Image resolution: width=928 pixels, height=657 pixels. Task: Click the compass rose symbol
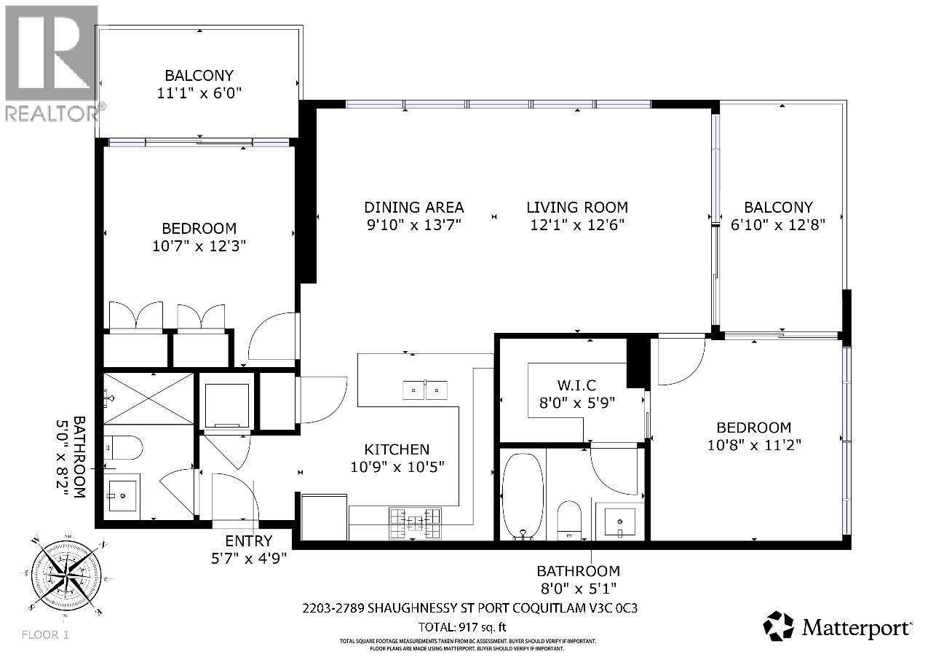(x=66, y=574)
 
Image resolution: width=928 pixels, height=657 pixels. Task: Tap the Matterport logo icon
(x=778, y=626)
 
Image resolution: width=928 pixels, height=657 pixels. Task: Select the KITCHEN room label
(x=397, y=450)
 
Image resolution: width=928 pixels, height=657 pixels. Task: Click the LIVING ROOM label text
(x=576, y=208)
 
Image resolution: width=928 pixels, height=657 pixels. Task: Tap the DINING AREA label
(x=414, y=208)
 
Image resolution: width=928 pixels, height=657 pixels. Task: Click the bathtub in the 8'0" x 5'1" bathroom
(x=523, y=495)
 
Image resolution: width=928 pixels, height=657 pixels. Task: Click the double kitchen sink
(x=426, y=391)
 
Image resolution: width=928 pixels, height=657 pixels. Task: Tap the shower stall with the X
(x=148, y=398)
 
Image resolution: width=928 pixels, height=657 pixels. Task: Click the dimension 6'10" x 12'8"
(x=778, y=225)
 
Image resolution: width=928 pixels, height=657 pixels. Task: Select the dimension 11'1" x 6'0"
(x=199, y=93)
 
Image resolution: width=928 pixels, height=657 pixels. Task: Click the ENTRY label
(x=248, y=541)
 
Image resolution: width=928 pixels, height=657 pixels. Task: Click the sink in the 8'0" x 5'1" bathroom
(x=619, y=522)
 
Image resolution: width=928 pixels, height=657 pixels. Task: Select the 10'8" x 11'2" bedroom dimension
(x=753, y=445)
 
